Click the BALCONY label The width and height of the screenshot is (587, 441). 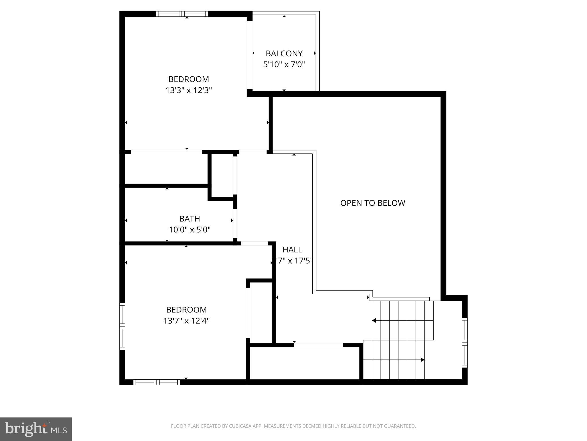coord(284,53)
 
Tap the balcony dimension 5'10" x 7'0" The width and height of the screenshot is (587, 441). coord(284,64)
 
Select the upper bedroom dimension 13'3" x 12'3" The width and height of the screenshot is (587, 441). coord(189,90)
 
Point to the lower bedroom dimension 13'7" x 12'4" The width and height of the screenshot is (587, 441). coord(186,321)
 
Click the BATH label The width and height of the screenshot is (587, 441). coord(189,219)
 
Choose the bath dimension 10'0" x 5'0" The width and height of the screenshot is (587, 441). coord(189,230)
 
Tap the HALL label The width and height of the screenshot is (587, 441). coord(292,249)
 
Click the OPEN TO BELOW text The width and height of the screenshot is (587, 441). coord(372,203)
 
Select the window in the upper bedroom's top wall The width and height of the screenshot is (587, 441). coord(182,14)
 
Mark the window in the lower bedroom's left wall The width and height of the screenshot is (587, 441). coord(122,326)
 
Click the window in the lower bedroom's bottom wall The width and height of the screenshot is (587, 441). coord(156,382)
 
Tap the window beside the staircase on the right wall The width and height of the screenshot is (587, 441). coord(465,343)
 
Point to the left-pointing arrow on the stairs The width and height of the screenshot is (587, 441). coord(374,320)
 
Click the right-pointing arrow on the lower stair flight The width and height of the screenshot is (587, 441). coord(422,360)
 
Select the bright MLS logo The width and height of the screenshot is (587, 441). coord(36,429)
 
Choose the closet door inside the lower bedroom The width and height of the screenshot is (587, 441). coord(248,313)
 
